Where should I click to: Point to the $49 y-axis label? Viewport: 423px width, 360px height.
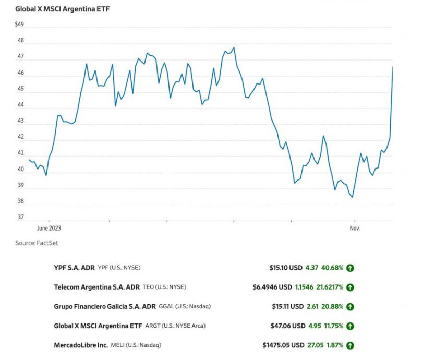[x=20, y=25]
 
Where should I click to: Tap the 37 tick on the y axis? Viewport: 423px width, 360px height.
[x=20, y=217]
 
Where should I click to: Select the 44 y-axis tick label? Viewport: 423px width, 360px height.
[x=20, y=105]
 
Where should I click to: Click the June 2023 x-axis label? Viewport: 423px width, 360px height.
[x=49, y=228]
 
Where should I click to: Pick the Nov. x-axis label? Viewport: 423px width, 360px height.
[x=355, y=228]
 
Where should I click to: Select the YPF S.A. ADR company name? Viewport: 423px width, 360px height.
[x=75, y=268]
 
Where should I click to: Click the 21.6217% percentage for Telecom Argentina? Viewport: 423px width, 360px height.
[x=329, y=287]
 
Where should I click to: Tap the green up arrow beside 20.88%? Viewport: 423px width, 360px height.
[x=350, y=306]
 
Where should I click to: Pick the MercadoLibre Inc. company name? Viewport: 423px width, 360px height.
[x=81, y=345]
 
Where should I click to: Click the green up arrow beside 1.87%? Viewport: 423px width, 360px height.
[x=350, y=345]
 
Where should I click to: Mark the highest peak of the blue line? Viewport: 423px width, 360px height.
[x=234, y=47]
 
